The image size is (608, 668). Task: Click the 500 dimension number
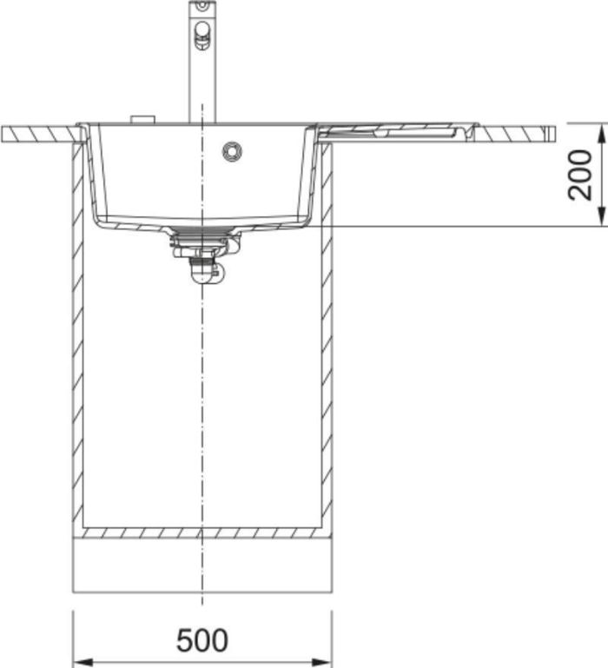[x=202, y=639]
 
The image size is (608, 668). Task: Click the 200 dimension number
[x=580, y=175]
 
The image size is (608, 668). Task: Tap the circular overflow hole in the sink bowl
[x=232, y=151]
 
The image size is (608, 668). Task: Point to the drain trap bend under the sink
[x=204, y=274]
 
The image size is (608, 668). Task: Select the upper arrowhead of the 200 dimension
[x=601, y=133]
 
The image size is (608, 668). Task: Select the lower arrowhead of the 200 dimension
[x=601, y=216]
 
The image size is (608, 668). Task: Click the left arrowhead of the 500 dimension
[x=83, y=663]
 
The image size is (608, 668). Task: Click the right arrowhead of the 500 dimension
[x=321, y=663]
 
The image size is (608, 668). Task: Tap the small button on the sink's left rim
[x=142, y=119]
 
